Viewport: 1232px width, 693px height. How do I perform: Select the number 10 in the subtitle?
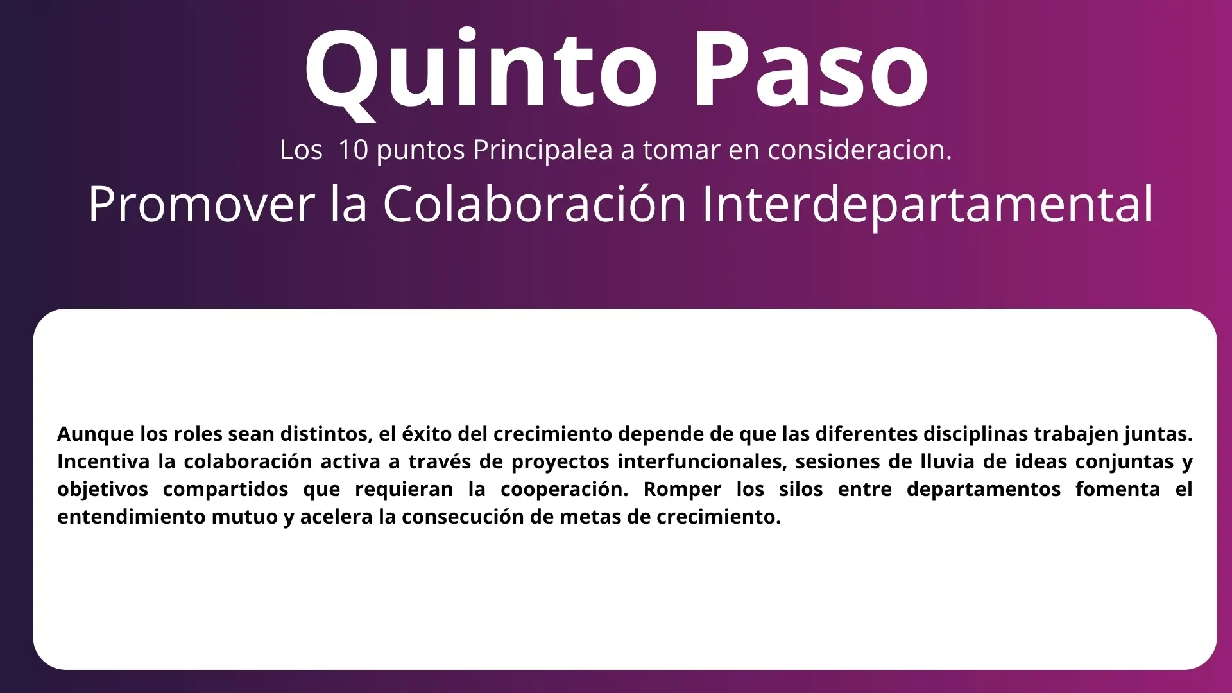353,150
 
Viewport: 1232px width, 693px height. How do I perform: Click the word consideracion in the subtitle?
860,150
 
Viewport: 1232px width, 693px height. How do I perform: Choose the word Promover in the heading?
201,205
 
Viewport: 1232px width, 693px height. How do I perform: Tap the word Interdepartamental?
928,205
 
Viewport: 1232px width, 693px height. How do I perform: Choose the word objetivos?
103,489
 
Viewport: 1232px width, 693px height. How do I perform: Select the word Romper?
682,490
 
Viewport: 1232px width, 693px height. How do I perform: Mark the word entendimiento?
132,517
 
